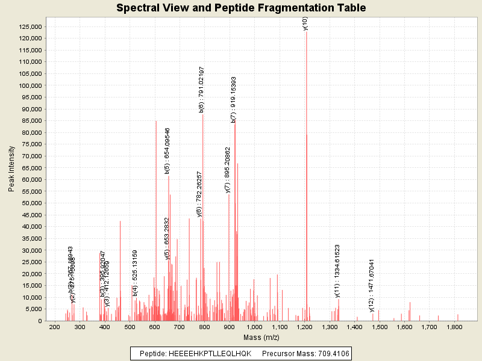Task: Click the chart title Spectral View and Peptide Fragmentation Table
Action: coord(241,8)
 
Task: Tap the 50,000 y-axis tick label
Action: coord(30,203)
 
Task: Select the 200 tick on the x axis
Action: coord(54,327)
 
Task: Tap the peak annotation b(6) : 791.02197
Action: coord(202,90)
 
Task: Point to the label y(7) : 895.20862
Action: coord(228,170)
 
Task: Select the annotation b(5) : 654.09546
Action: coord(167,150)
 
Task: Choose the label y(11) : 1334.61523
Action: coord(337,271)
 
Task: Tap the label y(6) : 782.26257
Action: coord(199,194)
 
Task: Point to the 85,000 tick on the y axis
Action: coord(30,121)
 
